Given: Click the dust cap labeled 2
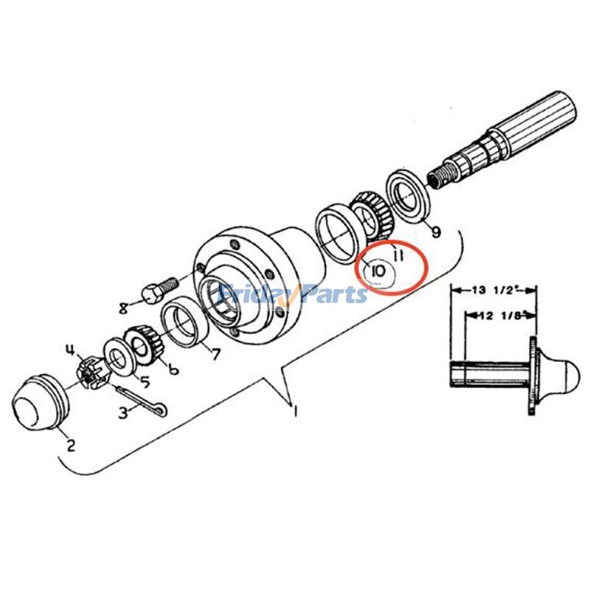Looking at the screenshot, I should [41, 404].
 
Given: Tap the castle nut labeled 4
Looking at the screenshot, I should [90, 372].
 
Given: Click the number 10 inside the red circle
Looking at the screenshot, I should [378, 271].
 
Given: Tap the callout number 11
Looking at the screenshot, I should [398, 256].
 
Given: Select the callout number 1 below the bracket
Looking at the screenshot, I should [295, 412].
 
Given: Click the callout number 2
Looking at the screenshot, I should [72, 445].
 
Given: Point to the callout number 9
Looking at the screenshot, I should [436, 233].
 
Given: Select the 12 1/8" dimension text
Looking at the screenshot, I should [502, 316].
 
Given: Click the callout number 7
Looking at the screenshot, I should [216, 354].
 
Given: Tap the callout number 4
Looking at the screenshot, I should [71, 348].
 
